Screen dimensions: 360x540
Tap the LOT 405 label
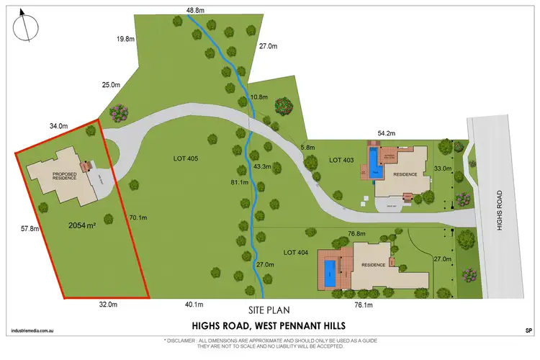185,158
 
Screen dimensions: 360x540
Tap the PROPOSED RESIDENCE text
64,176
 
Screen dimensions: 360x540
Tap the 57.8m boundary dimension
30,228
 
